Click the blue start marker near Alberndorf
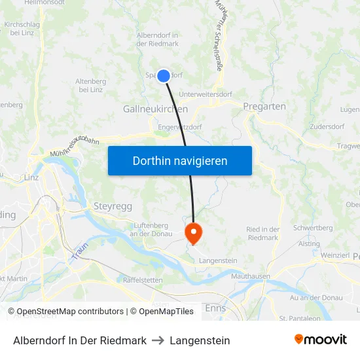click(164, 76)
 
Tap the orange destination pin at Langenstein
click(194, 232)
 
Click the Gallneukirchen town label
click(155, 109)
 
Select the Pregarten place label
click(264, 106)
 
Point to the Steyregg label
click(113, 206)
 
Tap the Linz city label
click(31, 177)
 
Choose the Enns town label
click(215, 307)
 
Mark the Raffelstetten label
click(143, 279)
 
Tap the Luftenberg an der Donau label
click(151, 229)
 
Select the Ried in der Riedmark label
click(263, 233)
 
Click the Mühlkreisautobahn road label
click(74, 148)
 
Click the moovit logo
click(320, 339)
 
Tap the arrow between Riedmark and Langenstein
click(158, 340)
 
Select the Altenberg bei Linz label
click(91, 85)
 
